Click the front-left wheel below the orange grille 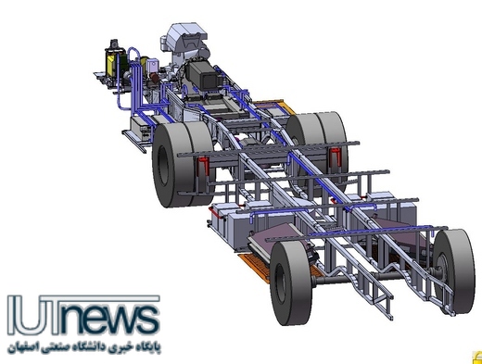[290, 282]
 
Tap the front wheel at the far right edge [453, 271]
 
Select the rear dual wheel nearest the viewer [183, 165]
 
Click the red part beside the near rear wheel [202, 166]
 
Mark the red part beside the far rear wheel [336, 157]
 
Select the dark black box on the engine [202, 76]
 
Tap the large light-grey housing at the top [184, 39]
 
